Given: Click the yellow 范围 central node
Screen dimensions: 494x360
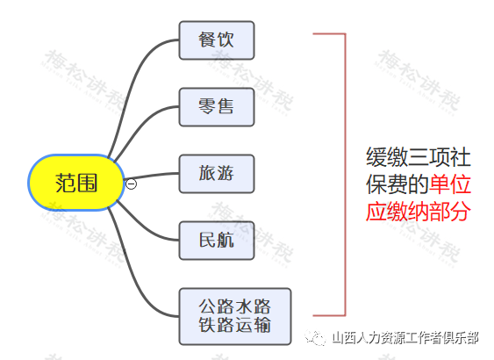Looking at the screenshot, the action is (x=75, y=183).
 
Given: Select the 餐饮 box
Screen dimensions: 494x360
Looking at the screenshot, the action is (x=217, y=40).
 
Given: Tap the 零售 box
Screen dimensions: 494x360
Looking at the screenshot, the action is (x=217, y=107).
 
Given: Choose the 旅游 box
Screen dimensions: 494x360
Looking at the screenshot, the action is (x=217, y=173).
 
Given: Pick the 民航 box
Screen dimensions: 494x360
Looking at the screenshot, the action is (x=217, y=241).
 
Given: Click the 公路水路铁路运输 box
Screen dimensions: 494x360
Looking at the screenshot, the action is (x=234, y=316).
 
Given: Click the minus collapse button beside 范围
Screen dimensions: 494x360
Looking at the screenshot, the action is (x=131, y=184).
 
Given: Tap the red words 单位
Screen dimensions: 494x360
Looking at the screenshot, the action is (x=450, y=184).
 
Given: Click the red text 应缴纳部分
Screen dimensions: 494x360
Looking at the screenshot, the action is (x=418, y=212).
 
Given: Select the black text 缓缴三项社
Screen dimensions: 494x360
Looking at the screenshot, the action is (x=418, y=157).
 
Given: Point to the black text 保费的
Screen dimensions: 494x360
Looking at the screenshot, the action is (x=397, y=184).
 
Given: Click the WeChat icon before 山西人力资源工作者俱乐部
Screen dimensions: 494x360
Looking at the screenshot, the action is (x=315, y=338).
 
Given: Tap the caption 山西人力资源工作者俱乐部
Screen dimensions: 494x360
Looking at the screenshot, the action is (x=405, y=338).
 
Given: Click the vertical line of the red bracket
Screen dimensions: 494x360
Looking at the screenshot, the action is (x=346, y=174).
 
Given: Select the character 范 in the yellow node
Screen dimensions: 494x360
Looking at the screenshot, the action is (x=65, y=183).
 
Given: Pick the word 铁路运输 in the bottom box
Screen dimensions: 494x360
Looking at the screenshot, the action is (x=234, y=325).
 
